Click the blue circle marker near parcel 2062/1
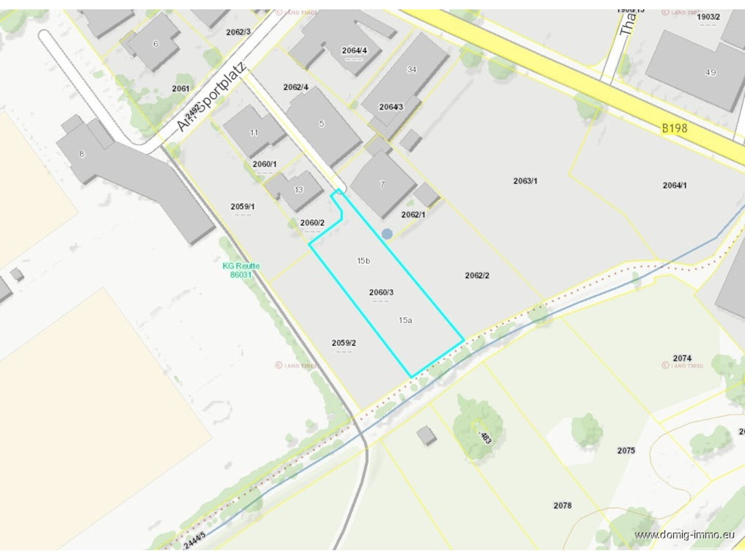coord(387,234)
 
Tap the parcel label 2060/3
coord(381,292)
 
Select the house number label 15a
coord(405,320)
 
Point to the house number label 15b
coord(363,261)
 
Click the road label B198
coord(674,128)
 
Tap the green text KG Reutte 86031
coord(241,270)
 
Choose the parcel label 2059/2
coord(343,343)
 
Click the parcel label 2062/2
coord(477,275)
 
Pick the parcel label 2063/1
coord(525,181)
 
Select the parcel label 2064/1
coord(674,185)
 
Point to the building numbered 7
coord(382,184)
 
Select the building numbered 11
coord(254,133)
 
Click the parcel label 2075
coord(626,450)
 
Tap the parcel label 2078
coord(562,505)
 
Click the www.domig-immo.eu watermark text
coord(684,535)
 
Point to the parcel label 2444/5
coord(195,540)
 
